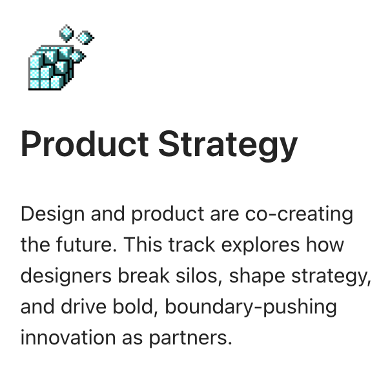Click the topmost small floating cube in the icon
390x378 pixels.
click(x=67, y=30)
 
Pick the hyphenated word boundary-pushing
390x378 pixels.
click(x=251, y=306)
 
